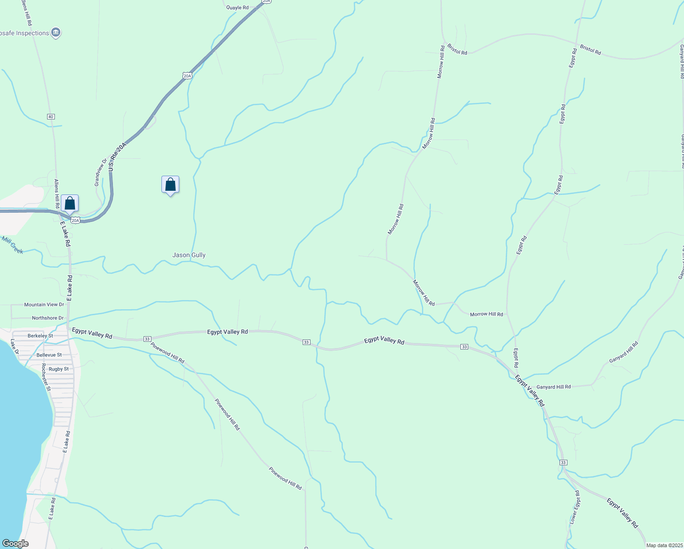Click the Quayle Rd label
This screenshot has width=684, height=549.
(237, 8)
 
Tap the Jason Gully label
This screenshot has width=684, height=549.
(189, 255)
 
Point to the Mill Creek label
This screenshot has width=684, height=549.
(12, 245)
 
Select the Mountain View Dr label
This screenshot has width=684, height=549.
(44, 305)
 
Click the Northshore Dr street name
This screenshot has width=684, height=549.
(48, 318)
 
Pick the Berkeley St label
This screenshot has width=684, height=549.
(40, 336)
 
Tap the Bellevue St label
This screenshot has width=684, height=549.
(49, 355)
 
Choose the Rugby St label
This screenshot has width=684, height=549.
(59, 369)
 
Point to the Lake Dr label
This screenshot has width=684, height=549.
(14, 346)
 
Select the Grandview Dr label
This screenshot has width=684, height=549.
(100, 172)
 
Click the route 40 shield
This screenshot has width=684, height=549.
(51, 117)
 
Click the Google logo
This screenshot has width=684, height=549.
(16, 544)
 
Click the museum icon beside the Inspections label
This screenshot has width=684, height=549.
(56, 32)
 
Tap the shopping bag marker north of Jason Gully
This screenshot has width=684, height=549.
(170, 185)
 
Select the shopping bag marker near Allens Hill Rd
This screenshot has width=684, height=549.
(69, 203)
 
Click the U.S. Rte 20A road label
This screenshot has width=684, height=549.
(118, 157)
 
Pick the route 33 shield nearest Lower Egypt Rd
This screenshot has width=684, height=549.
(563, 463)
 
